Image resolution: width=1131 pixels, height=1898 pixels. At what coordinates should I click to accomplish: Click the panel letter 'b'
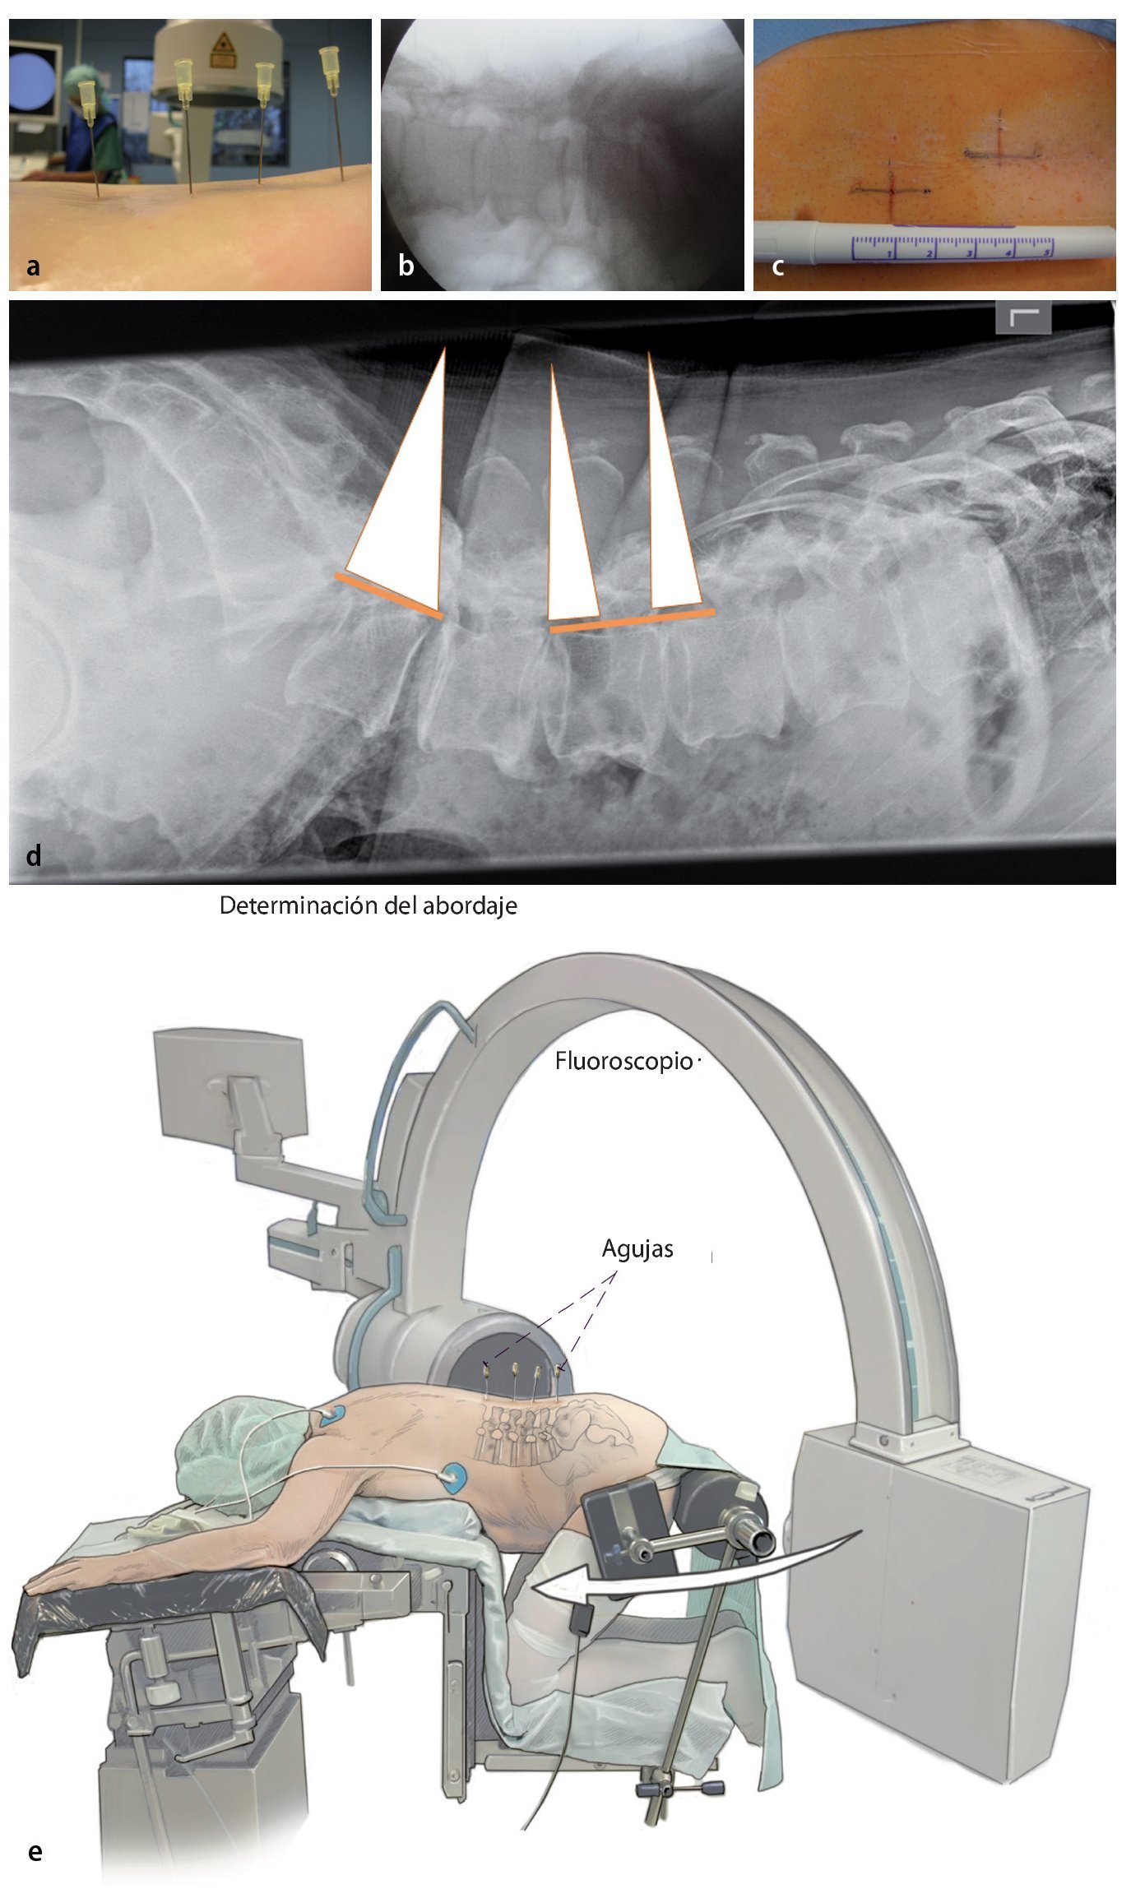(x=406, y=265)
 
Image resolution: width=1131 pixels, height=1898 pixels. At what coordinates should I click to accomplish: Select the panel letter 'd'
(x=33, y=855)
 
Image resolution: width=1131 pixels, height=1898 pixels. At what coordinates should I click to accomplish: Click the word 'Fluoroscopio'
(x=623, y=1061)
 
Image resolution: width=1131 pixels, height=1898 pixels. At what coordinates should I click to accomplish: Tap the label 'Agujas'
(x=637, y=1248)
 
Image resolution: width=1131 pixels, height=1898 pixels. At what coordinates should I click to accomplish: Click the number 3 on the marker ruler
(x=969, y=253)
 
